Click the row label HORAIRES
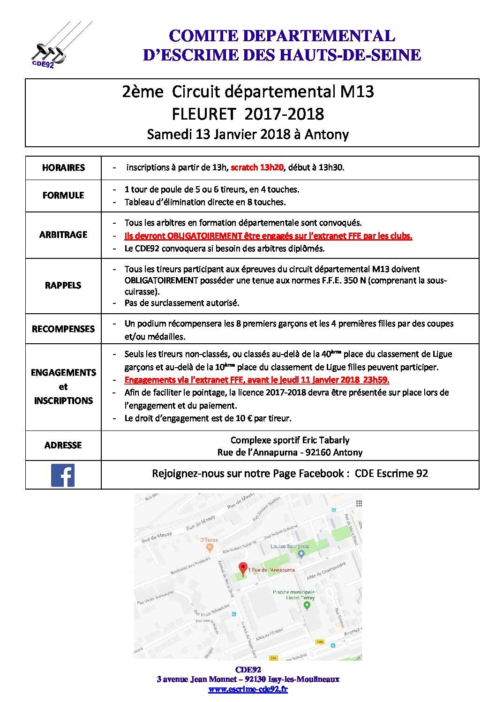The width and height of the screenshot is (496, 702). (63, 167)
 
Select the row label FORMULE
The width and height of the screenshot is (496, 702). (63, 195)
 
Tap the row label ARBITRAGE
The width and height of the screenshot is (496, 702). (63, 234)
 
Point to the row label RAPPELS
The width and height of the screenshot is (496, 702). (63, 285)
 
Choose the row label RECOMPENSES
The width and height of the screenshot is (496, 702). (63, 329)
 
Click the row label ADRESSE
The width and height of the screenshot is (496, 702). (63, 445)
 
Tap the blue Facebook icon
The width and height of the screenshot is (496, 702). (63, 475)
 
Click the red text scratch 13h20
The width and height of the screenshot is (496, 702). (257, 167)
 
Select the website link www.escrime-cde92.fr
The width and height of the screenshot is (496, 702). (248, 689)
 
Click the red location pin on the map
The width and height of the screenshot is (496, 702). (243, 568)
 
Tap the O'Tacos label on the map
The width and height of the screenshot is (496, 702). (209, 540)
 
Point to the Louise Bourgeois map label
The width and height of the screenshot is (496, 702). (290, 546)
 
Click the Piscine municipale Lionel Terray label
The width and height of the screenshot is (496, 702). (294, 595)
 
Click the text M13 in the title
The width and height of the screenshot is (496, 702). (357, 91)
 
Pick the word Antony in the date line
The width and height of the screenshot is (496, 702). (327, 135)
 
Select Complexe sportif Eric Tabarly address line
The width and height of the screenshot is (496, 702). (290, 440)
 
